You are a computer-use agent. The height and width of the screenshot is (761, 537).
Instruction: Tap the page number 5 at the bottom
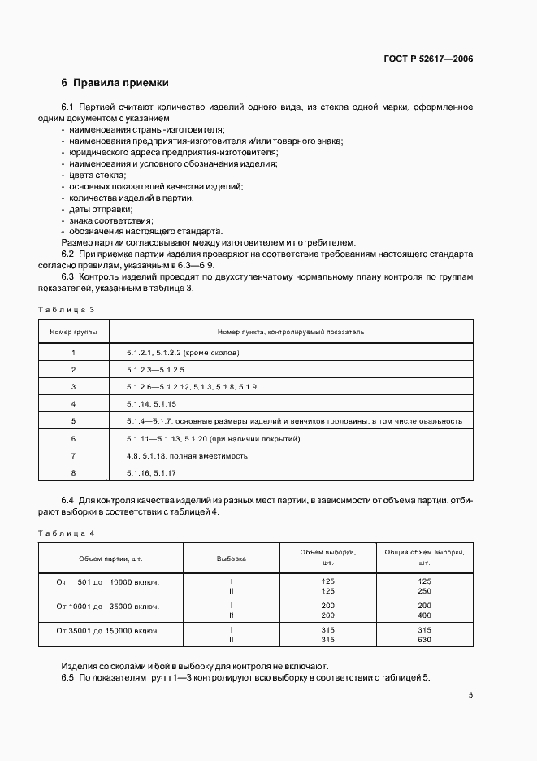471,695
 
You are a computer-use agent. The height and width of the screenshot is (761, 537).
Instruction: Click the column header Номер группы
73,332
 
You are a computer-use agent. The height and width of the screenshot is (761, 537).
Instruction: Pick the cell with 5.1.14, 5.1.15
152,403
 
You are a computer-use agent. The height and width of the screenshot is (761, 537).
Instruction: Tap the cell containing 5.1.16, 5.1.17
152,472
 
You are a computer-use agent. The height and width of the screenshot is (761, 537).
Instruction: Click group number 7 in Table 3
73,455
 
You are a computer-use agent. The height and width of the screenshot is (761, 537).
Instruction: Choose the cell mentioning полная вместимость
187,455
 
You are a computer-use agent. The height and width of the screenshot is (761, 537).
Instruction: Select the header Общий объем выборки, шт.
424,558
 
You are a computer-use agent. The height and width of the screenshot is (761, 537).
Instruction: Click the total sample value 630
424,640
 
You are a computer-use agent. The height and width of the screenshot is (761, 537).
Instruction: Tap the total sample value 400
424,615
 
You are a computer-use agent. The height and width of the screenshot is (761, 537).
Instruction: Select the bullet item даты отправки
101,209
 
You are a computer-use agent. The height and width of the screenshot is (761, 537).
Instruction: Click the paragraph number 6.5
68,677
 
